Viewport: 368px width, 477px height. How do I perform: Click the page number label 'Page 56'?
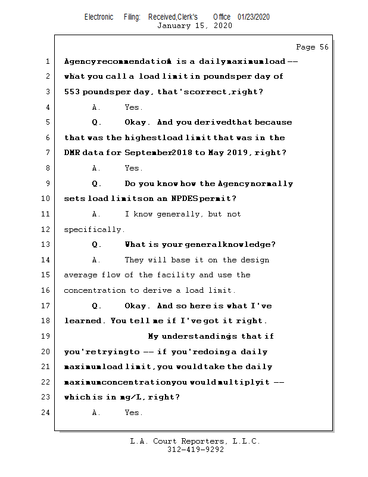click(312, 47)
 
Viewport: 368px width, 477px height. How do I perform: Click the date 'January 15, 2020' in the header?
click(195, 26)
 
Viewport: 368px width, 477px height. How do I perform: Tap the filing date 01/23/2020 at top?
click(254, 17)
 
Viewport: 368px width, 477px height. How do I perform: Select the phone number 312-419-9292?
click(195, 450)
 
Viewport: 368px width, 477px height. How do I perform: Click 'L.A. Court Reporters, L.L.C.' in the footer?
click(195, 441)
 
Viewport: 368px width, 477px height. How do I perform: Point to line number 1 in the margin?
click(47, 61)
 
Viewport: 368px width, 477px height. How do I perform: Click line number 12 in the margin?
click(45, 230)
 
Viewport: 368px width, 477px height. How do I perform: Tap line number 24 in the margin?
click(45, 413)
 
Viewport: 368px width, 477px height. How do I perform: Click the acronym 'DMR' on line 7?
click(72, 153)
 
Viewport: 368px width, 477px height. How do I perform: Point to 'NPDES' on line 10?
click(185, 199)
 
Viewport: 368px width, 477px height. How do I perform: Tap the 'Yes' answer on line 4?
click(132, 107)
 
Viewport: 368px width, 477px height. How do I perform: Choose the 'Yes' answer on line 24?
click(132, 413)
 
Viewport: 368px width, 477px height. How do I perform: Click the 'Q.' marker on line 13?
click(96, 244)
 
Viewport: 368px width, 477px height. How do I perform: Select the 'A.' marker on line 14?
click(96, 260)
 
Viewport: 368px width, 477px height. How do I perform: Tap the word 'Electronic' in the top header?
click(99, 17)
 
